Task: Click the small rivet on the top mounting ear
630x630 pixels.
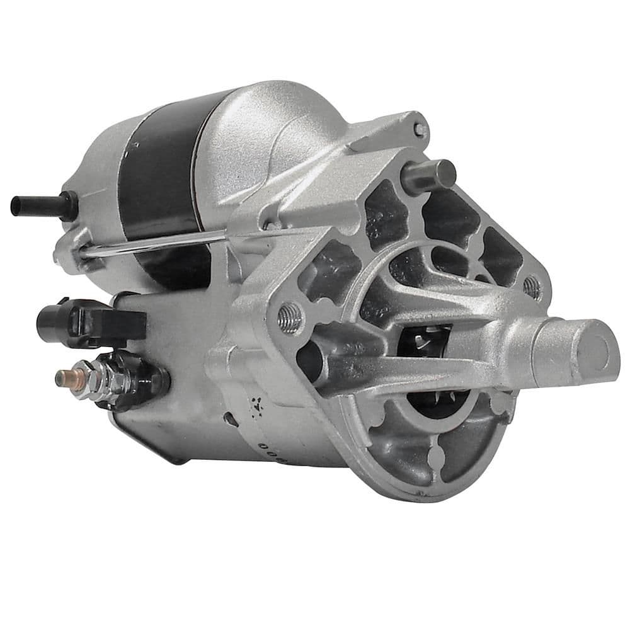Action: pyautogui.click(x=419, y=130)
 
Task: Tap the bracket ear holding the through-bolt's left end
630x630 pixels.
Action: pyautogui.click(x=72, y=252)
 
